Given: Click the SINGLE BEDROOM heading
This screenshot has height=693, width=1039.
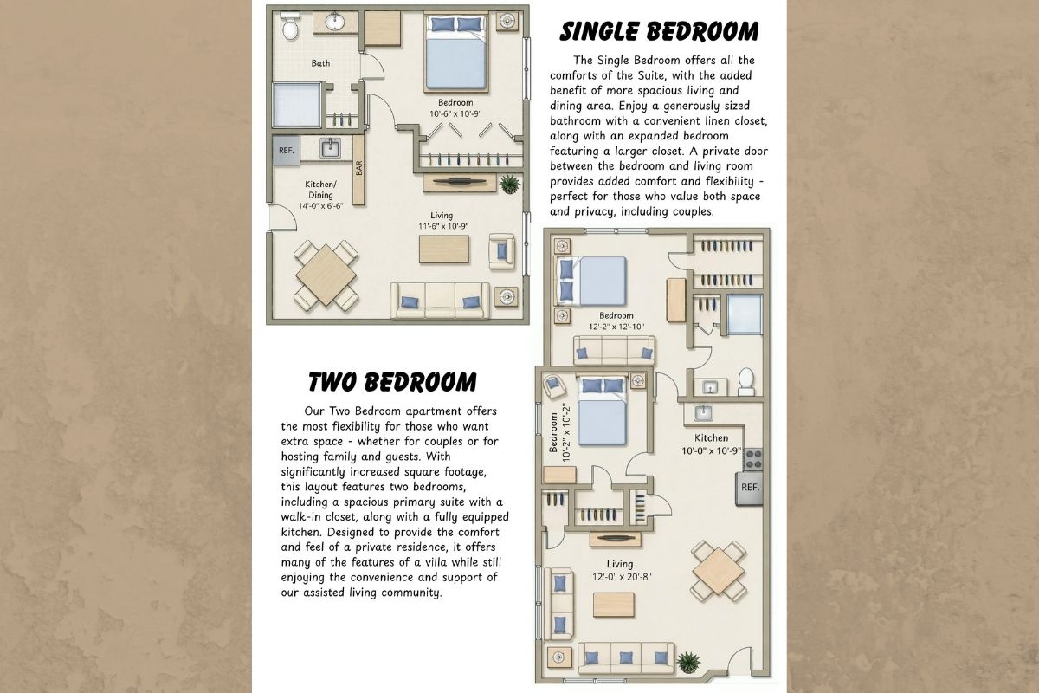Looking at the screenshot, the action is pos(659,31).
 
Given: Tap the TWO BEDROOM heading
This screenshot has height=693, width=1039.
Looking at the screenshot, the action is pos(392,382).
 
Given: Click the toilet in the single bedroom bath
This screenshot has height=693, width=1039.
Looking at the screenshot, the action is pos(290,25).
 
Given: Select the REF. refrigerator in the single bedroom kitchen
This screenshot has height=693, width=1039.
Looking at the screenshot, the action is pos(287,151).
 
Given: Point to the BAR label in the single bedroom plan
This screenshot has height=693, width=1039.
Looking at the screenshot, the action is pos(358,168).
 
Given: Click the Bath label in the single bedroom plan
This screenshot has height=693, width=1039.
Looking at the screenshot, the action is pos(320,63).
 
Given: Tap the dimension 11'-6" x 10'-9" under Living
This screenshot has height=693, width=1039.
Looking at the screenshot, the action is pos(443,226).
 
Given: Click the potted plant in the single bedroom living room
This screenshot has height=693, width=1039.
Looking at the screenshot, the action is pos(510,185).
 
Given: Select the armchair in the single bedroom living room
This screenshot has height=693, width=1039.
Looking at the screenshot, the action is pos(501,251).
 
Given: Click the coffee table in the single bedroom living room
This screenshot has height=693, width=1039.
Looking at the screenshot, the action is pos(444,249).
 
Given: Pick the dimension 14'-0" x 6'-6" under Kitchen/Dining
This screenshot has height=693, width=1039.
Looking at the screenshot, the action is pos(320,206).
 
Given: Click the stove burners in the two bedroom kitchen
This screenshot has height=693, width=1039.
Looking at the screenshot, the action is pos(753,459).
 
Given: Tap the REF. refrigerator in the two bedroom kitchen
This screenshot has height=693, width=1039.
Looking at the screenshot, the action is pos(750,488).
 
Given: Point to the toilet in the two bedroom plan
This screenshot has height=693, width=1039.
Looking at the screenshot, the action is pos(746,381).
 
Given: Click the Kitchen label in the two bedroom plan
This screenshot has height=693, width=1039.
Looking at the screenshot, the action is pos(711,437).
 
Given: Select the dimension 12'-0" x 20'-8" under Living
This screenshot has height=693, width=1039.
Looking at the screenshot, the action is pos(622,577).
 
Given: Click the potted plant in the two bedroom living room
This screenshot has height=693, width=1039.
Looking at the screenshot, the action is pos(688,663).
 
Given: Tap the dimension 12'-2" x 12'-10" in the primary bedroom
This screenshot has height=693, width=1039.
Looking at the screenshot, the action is pos(616,327).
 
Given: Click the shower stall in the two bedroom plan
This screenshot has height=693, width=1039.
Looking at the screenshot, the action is pos(745,314).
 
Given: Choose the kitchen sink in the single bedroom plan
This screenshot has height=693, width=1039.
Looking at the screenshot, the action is pos(330,148).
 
